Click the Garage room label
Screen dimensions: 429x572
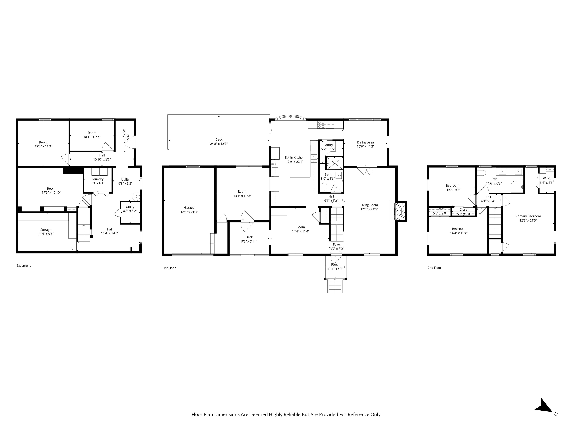tap(189, 207)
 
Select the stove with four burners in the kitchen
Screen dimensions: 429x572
tap(321, 125)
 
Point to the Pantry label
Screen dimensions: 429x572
tap(328, 145)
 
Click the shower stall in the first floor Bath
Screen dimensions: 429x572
tap(335, 163)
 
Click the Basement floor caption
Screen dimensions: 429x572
tap(23, 266)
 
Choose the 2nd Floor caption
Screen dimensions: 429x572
tap(434, 268)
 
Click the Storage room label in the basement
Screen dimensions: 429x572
tap(46, 230)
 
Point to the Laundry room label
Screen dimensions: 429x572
tap(98, 179)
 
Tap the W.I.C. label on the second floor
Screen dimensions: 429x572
tap(547, 178)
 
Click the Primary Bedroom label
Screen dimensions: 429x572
tap(528, 216)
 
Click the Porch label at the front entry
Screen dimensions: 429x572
tap(335, 264)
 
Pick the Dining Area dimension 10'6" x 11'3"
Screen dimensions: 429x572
tap(365, 147)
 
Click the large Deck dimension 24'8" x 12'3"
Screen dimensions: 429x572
tap(219, 144)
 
